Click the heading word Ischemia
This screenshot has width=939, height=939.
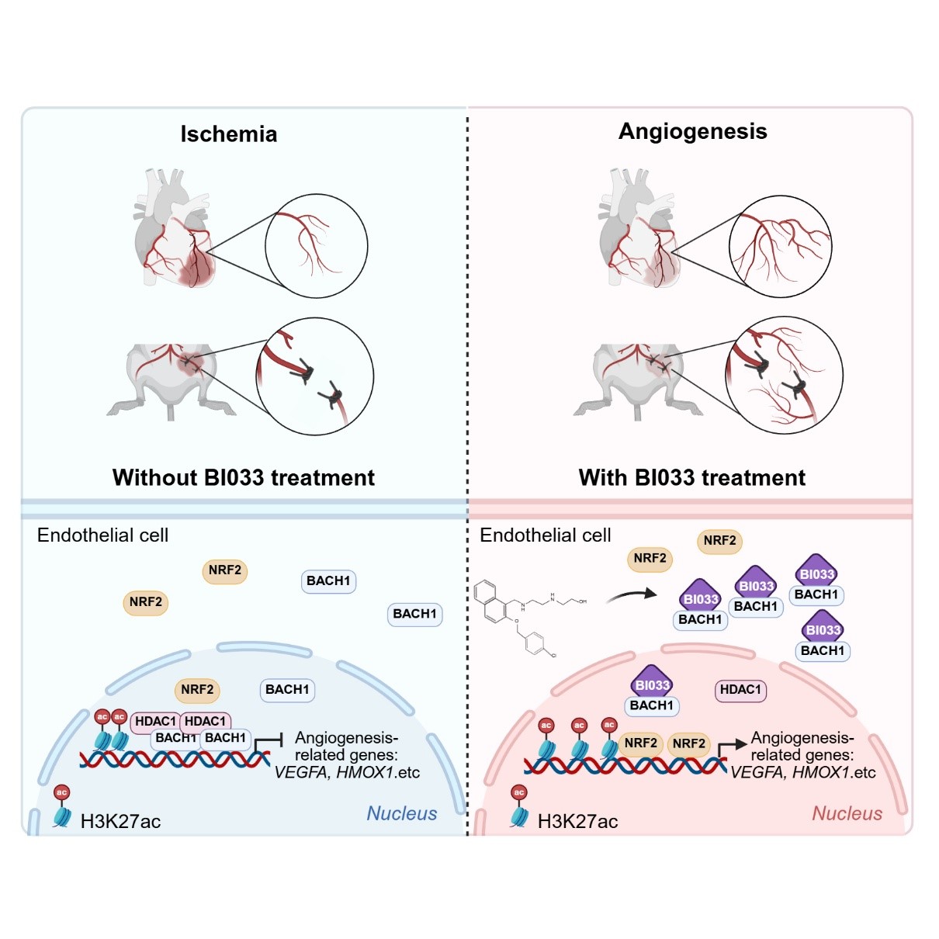(x=229, y=134)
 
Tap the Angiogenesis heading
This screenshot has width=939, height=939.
(x=692, y=131)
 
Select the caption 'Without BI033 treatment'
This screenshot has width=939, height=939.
(x=243, y=477)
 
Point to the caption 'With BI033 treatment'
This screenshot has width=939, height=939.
(x=691, y=477)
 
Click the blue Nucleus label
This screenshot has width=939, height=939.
(x=401, y=813)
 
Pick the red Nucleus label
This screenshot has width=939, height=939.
(x=847, y=813)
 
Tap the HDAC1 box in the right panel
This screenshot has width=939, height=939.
(x=740, y=689)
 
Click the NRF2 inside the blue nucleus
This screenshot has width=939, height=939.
(x=197, y=689)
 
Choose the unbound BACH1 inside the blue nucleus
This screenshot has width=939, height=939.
(x=287, y=689)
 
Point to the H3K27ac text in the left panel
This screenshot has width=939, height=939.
(x=120, y=821)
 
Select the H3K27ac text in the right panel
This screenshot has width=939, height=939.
(x=577, y=821)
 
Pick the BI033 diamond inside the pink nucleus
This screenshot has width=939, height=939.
(x=652, y=683)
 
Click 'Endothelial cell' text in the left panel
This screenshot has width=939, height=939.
(x=102, y=535)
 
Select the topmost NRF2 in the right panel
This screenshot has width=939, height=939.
(x=719, y=540)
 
